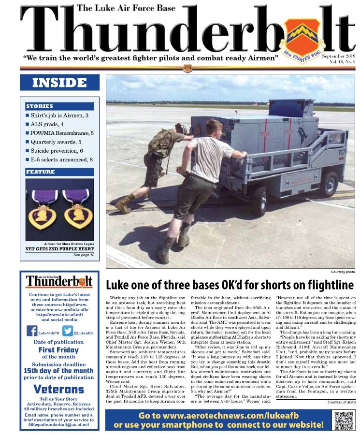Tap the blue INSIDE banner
[x=59, y=83]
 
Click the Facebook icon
[x=32, y=331]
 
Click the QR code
[x=341, y=420]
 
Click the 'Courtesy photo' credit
[x=343, y=272]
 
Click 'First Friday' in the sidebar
[x=59, y=349]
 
